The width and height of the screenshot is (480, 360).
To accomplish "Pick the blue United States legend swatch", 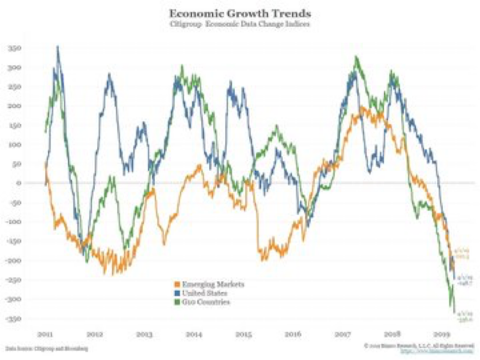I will coord(177,292).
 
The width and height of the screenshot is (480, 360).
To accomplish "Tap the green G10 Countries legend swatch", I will coord(177,301).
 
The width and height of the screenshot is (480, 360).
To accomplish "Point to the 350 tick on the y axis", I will coord(30,49).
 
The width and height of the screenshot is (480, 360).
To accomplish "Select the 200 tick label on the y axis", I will coord(30,106).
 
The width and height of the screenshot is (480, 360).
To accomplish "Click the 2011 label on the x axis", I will coord(45,334).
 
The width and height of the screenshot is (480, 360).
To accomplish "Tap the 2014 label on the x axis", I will coord(195,334).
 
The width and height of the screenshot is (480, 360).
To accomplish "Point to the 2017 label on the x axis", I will coord(343,334).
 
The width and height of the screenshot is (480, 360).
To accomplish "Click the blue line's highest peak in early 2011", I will coord(58,47).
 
